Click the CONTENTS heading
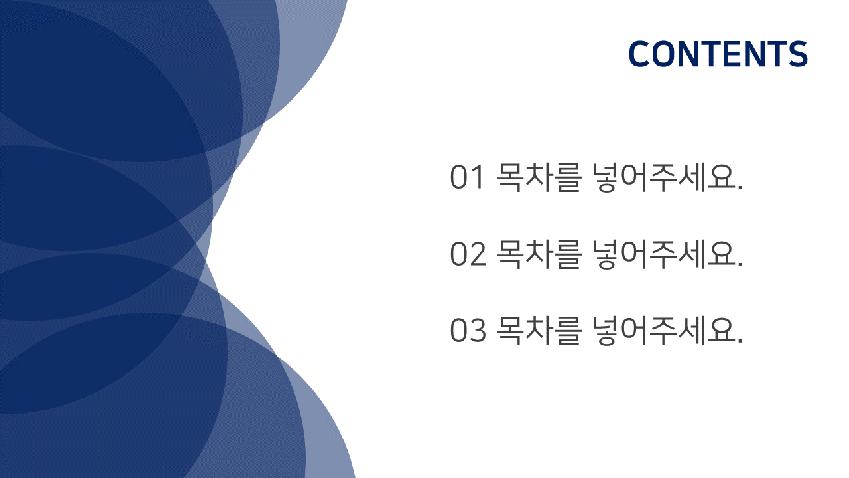[718, 54]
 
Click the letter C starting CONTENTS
[639, 54]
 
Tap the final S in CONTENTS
[798, 54]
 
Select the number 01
[467, 177]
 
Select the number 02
[468, 254]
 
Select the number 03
[468, 331]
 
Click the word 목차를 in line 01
[538, 177]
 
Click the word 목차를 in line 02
[538, 254]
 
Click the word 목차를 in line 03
[538, 331]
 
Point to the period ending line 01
[740, 187]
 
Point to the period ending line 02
[740, 264]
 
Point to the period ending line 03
[740, 341]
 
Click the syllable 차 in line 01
[539, 177]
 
